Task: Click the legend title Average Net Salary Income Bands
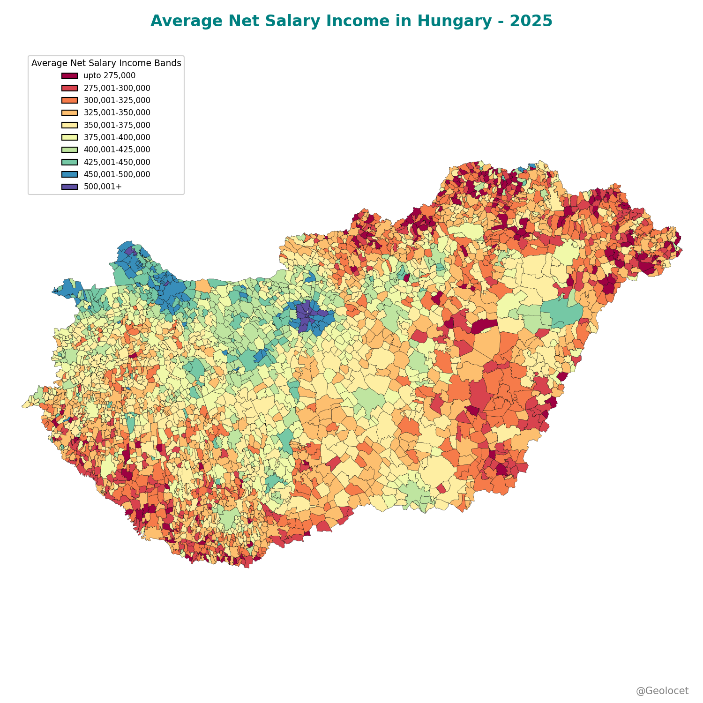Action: [x=106, y=63]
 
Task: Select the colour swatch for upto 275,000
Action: [x=69, y=75]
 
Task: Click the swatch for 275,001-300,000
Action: [x=69, y=88]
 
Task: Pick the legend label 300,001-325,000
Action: [x=117, y=100]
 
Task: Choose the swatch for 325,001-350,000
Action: [x=69, y=112]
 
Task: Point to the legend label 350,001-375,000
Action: [x=117, y=125]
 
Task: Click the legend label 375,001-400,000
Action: [x=117, y=137]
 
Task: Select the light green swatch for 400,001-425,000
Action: [x=69, y=150]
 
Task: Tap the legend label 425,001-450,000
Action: [x=117, y=162]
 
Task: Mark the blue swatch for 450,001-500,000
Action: [x=69, y=174]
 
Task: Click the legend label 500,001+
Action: [x=102, y=187]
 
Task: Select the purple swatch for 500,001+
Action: [x=69, y=187]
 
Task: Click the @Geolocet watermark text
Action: [x=662, y=691]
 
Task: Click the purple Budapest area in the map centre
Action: [x=304, y=315]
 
